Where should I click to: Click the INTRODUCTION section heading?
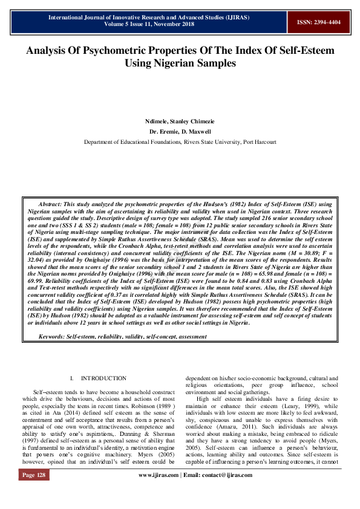104,378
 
